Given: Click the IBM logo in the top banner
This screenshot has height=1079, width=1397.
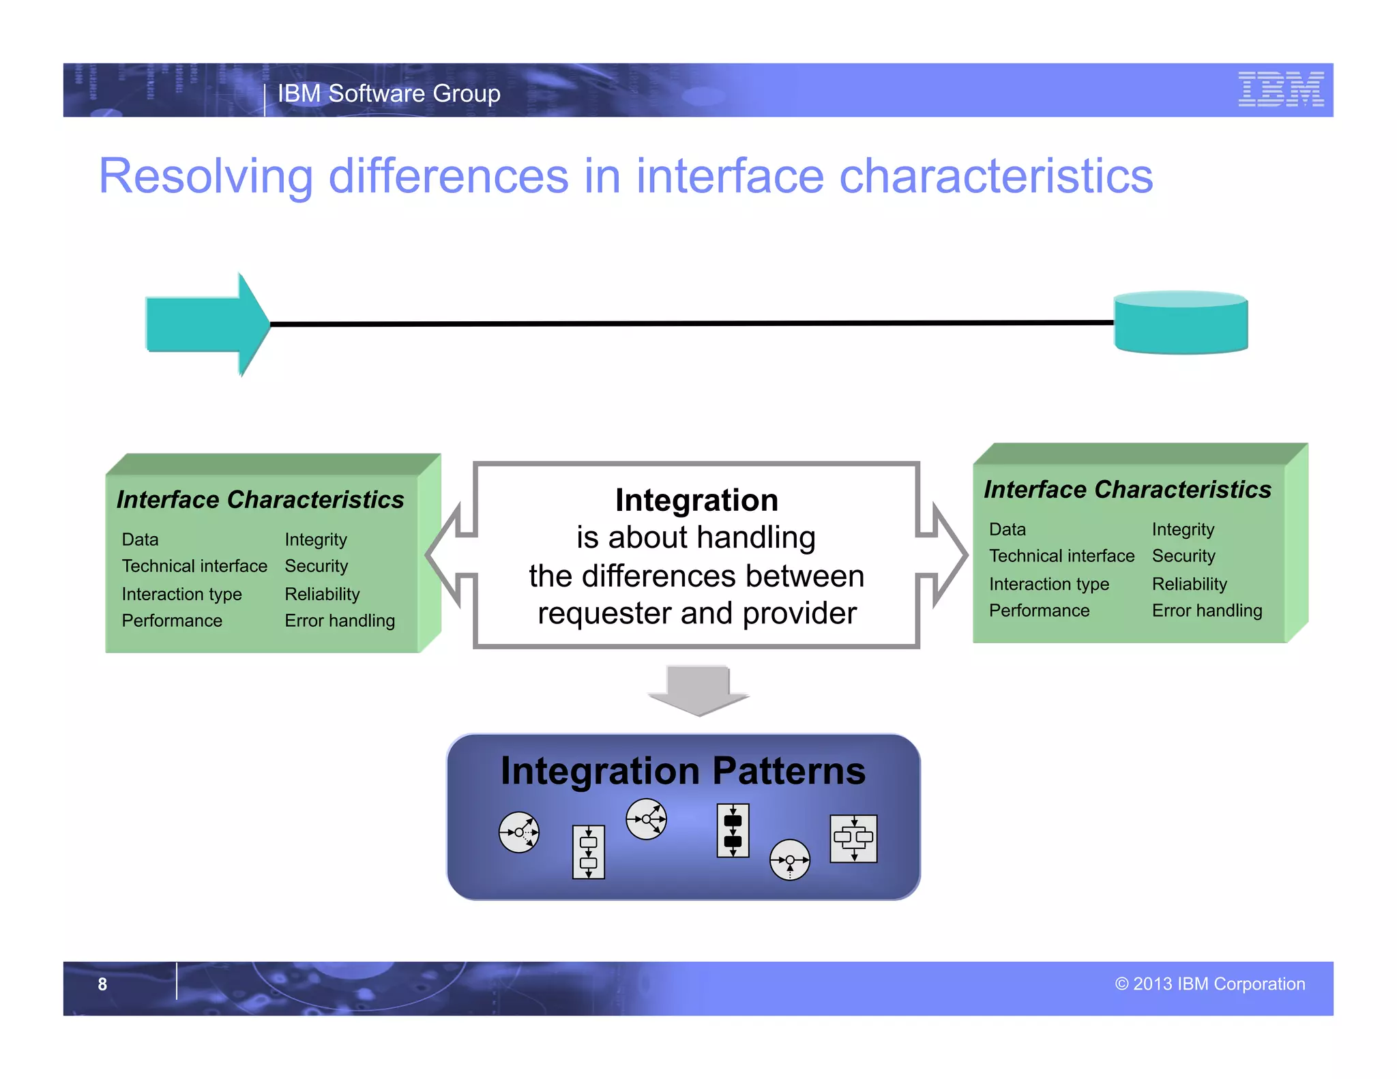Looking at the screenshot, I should pos(1280,89).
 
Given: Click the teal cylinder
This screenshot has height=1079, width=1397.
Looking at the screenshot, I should pos(1181,323).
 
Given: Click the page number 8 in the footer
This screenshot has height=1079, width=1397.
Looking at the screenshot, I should pos(102,984).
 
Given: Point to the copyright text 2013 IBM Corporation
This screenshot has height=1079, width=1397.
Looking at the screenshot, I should pos(1210,984).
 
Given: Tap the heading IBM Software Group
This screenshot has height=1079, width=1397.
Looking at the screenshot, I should pos(389,93).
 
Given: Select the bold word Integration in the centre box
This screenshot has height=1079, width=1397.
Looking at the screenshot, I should pos(696,500).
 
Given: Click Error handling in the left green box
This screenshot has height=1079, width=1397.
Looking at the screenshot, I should pos(340,621).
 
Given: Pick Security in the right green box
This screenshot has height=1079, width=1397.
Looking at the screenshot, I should pos(1183,556).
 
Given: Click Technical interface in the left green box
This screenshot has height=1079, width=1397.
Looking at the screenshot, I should pos(194,566).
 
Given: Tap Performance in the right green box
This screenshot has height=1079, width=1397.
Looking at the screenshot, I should pos(1039,610).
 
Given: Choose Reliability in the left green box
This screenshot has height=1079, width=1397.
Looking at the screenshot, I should pos(322,594).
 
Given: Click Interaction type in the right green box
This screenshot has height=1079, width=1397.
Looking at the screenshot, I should pos(1048,584).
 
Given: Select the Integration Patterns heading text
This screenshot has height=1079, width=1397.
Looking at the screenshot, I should pos(683,771).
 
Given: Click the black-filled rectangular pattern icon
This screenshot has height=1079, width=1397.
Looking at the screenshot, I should pos(733,830).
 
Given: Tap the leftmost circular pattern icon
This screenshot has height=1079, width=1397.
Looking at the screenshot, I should pos(519,832).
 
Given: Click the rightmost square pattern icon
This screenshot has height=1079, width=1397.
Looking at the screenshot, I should pos(853,838).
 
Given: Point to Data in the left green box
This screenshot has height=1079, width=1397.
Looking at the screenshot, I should pos(140,539).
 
